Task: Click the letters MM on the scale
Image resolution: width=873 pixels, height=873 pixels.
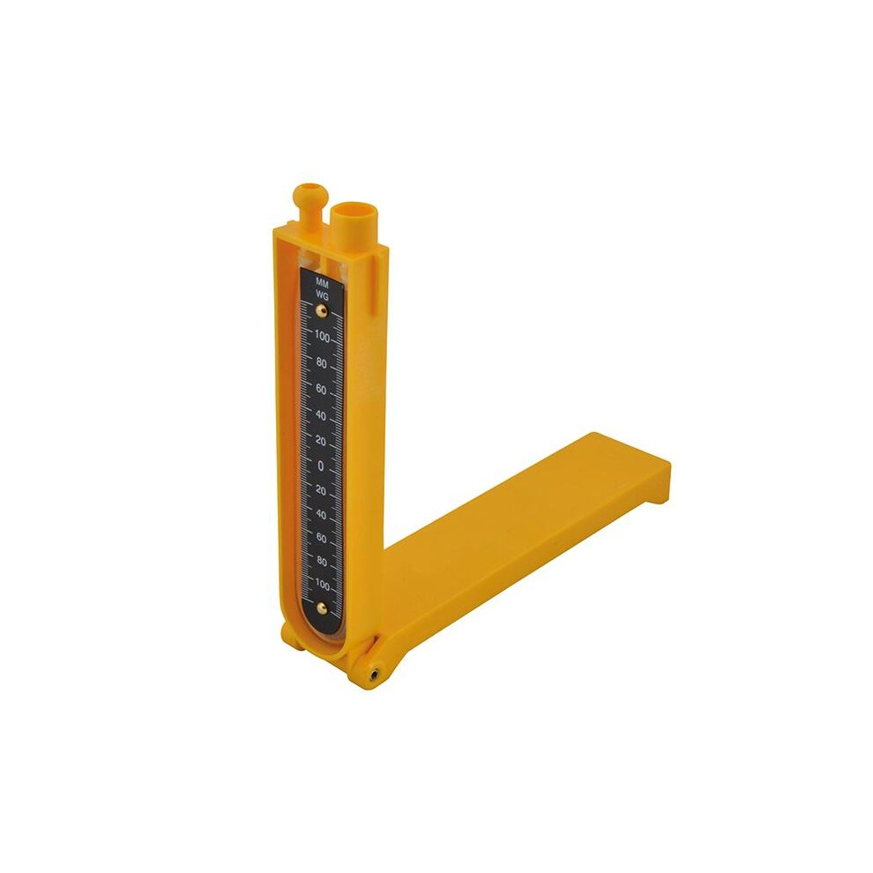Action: click(x=322, y=283)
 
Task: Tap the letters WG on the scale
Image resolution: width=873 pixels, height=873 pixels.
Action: click(x=322, y=295)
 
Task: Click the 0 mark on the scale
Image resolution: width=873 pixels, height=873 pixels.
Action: click(x=320, y=466)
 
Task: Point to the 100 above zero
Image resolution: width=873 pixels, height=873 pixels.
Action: click(x=322, y=336)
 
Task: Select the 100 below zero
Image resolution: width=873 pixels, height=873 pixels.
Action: click(x=323, y=584)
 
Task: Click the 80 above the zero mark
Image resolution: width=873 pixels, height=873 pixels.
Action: click(x=321, y=363)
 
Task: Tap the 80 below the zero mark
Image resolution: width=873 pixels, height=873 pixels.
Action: click(x=321, y=561)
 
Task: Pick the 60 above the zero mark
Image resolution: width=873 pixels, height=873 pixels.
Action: click(x=321, y=389)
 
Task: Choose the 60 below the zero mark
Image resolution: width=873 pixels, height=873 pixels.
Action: click(x=321, y=538)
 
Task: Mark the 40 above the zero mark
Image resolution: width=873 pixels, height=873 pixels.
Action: click(x=321, y=415)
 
